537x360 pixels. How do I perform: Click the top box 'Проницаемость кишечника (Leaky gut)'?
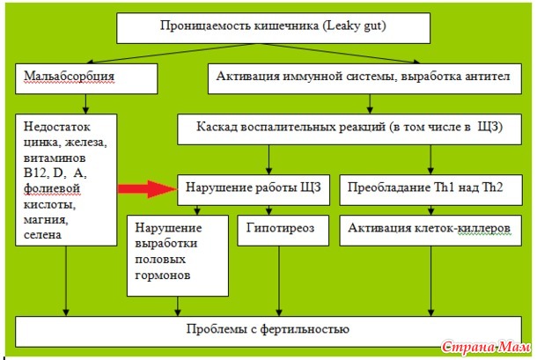click(273, 28)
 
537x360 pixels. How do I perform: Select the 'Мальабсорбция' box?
click(86, 78)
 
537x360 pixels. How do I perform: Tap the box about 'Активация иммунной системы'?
click(364, 78)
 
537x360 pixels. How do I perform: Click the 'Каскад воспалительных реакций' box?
click(349, 129)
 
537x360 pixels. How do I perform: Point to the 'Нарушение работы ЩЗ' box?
click(254, 190)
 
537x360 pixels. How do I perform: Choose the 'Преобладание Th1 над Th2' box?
click(430, 190)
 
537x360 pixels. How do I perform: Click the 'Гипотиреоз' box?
click(283, 231)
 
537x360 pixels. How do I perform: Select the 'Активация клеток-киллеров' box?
click(430, 231)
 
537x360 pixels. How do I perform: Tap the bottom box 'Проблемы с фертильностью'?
click(268, 332)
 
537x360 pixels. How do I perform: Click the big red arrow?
click(147, 188)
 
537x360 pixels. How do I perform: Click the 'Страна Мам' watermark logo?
click(486, 348)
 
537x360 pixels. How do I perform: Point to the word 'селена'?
click(42, 235)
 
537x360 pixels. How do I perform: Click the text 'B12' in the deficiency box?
click(34, 173)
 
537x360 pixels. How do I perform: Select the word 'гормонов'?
click(162, 275)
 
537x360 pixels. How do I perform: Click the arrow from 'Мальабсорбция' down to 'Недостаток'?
click(85, 104)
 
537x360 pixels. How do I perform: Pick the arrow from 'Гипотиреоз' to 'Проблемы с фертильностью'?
click(279, 281)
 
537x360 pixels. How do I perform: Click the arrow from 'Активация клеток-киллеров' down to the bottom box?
click(430, 281)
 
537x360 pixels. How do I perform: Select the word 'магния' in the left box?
click(46, 220)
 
